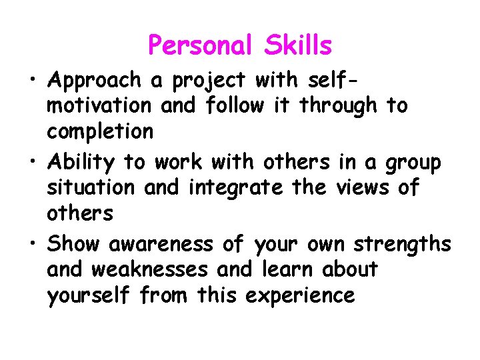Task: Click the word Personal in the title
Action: (x=201, y=46)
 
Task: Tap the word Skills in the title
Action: (x=297, y=46)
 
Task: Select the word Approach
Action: (x=94, y=81)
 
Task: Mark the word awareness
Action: (x=160, y=244)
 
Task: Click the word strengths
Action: (x=402, y=245)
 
